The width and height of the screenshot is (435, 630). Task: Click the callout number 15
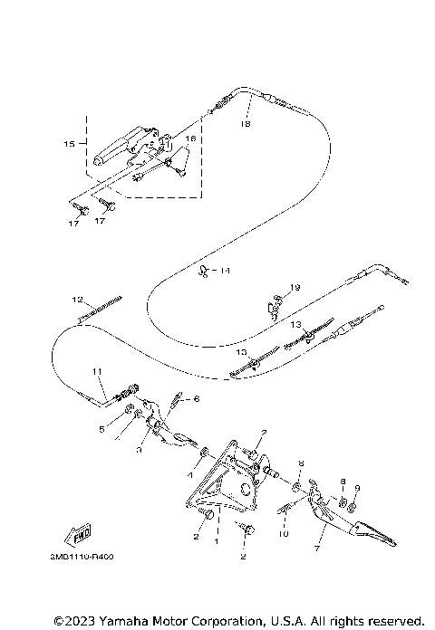click(69, 143)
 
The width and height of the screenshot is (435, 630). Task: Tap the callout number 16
click(190, 138)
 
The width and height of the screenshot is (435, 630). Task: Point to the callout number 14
click(225, 271)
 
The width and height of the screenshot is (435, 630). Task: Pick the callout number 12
click(78, 298)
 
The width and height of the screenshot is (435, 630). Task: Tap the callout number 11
click(97, 372)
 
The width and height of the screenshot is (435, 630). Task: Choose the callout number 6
click(196, 398)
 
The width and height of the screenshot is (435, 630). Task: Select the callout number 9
click(357, 488)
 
